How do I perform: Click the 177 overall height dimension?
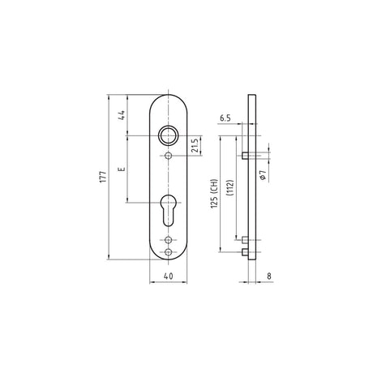103,177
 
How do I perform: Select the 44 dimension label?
122,115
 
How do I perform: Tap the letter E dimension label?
122,169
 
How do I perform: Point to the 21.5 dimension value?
195,146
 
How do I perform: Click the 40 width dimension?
169,276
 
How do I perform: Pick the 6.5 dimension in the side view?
225,118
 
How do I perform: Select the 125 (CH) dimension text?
214,193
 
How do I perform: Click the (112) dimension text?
230,187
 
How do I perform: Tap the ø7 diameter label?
264,175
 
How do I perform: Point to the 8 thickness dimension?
269,276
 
